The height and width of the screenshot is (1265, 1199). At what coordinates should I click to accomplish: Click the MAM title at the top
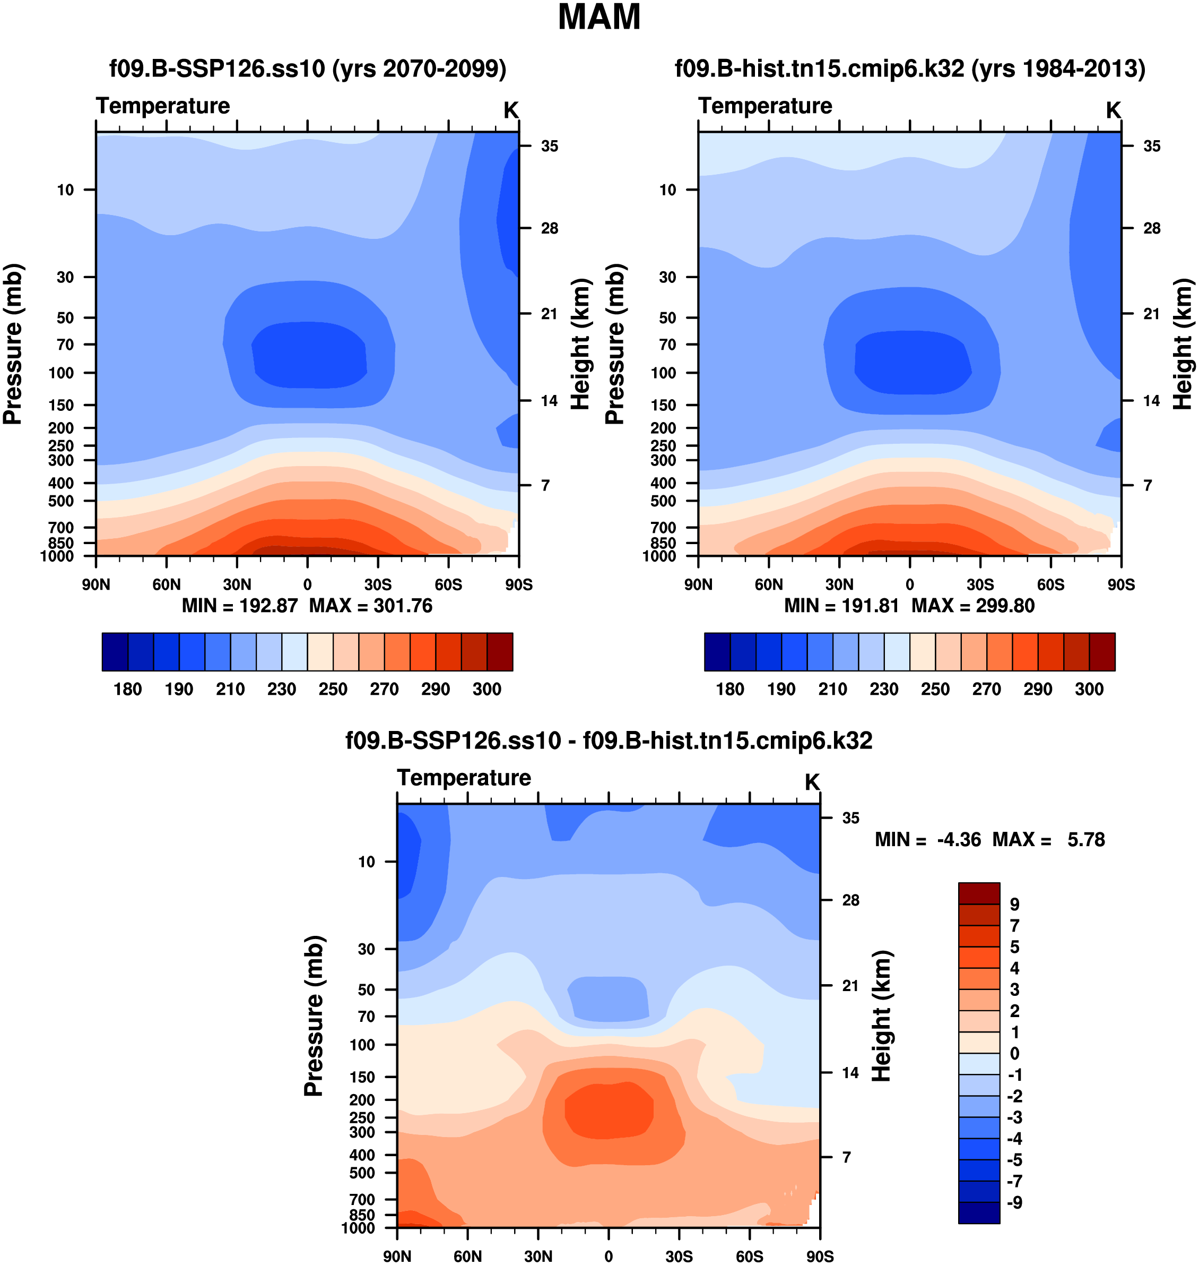(x=599, y=18)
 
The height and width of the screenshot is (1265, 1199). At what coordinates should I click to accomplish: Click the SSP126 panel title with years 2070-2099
(x=307, y=68)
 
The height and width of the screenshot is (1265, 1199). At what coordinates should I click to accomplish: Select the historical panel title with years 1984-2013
(x=910, y=68)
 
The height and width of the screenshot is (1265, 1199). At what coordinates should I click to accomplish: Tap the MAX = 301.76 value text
(x=371, y=606)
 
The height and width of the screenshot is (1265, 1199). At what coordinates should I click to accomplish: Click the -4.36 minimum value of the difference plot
(x=959, y=839)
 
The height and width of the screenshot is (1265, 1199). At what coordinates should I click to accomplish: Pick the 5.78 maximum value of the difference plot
(x=1086, y=839)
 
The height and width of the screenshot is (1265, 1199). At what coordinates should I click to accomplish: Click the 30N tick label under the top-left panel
(x=237, y=584)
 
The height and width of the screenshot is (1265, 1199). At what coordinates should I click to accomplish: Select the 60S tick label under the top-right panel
(x=1051, y=584)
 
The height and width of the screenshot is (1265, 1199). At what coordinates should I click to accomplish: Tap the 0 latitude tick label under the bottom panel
(x=609, y=1256)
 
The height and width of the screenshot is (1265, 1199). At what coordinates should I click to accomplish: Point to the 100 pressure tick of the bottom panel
(x=362, y=1044)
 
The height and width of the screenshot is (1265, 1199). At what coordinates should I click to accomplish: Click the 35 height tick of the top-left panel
(x=549, y=147)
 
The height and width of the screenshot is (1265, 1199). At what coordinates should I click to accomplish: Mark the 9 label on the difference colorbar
(x=1014, y=905)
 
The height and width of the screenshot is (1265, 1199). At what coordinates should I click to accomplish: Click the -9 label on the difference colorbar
(x=1014, y=1202)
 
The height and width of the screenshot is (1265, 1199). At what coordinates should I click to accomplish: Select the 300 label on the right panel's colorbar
(x=1089, y=689)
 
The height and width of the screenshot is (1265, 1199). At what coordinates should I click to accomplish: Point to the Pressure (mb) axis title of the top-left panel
(x=13, y=343)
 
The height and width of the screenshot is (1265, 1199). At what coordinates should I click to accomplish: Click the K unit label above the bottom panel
(x=812, y=782)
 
